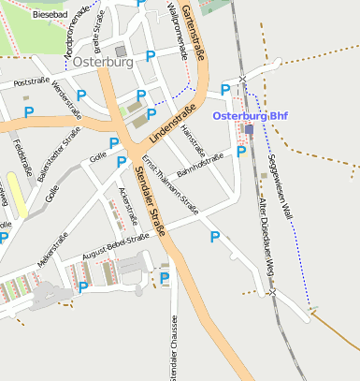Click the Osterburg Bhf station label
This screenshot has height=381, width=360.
250,115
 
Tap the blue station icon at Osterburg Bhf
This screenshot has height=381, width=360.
249,129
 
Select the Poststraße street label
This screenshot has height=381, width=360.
31,81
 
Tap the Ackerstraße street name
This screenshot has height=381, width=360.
127,206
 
